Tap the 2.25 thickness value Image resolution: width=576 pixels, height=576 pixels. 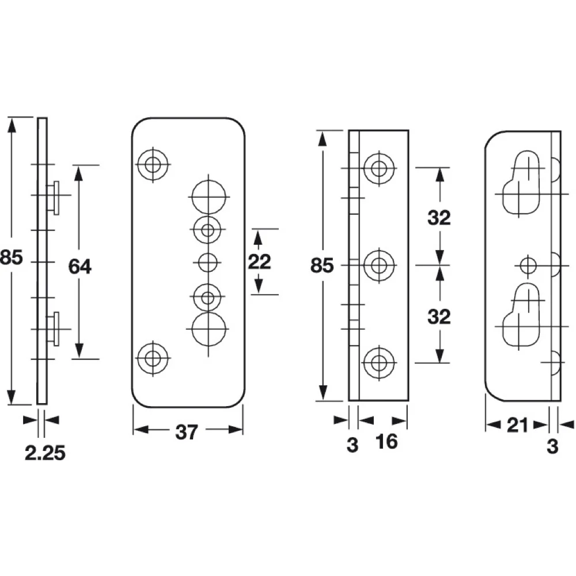click(45, 453)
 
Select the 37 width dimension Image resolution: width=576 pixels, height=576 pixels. click(187, 432)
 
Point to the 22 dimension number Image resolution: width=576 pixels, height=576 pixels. click(259, 262)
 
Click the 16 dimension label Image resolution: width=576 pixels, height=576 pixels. click(386, 442)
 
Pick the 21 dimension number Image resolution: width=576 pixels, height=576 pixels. click(517, 426)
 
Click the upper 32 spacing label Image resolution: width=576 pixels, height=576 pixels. click(439, 218)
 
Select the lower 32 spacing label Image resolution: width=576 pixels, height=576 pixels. click(439, 317)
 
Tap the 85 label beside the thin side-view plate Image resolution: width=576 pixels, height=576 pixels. click(12, 257)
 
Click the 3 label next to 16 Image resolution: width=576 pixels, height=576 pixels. click(353, 445)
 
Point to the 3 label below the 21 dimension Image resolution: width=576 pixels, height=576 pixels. click(552, 447)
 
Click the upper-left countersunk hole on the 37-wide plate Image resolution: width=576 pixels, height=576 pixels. click(153, 164)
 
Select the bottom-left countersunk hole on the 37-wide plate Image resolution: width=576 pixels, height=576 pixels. click(153, 358)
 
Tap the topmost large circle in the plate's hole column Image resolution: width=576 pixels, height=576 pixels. click(209, 197)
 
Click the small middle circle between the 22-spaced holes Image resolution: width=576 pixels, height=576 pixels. click(207, 263)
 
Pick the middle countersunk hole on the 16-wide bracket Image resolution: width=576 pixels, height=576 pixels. click(379, 265)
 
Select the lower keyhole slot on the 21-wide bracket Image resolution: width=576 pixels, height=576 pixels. click(522, 315)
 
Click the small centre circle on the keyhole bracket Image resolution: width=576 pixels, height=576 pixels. click(528, 266)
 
